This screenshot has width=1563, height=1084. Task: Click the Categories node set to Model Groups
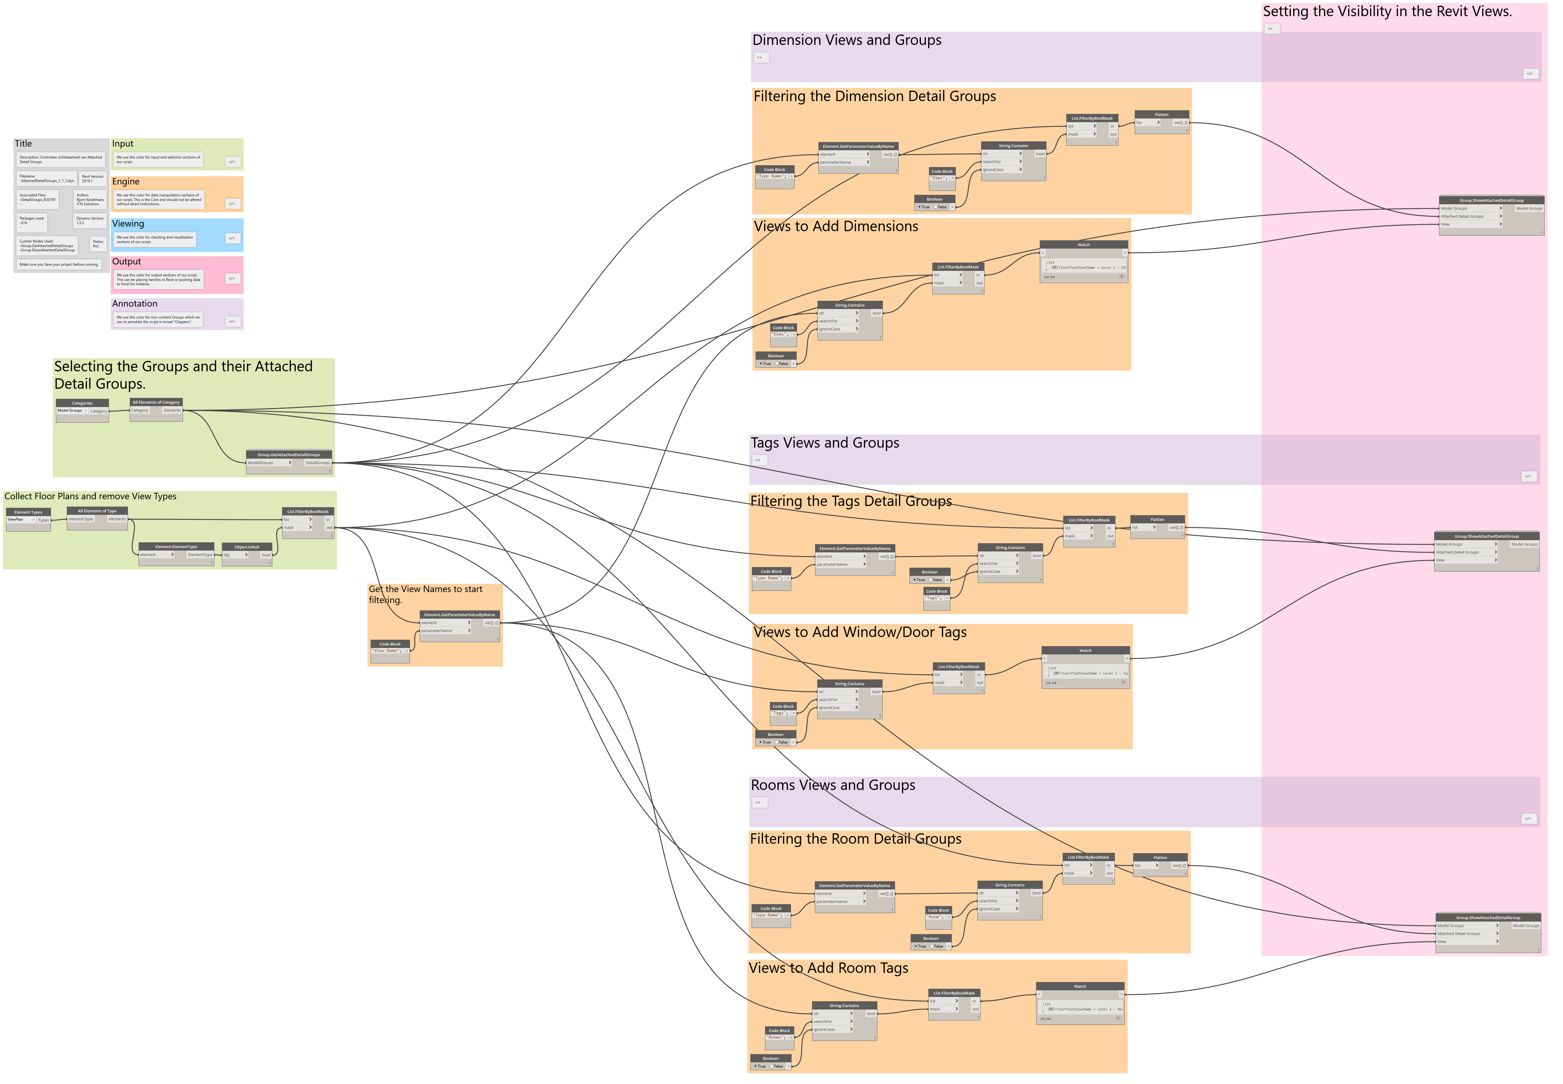(82, 403)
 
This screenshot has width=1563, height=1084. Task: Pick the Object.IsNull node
(247, 547)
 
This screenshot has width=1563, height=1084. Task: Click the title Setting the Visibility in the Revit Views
(1387, 12)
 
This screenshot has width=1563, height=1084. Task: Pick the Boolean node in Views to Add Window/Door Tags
(775, 735)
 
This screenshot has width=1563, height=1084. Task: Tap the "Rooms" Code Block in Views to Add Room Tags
(779, 1031)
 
